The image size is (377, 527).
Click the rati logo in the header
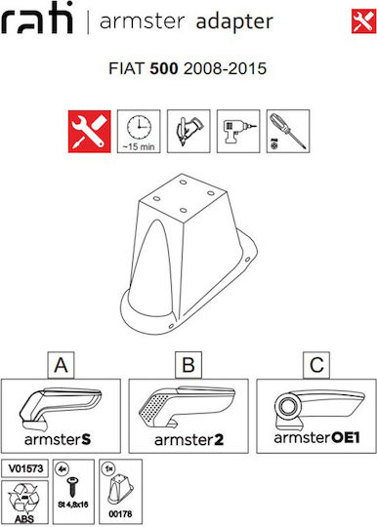pos(37,18)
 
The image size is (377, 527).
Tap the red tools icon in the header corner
pos(364,21)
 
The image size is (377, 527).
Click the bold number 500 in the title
pos(164,68)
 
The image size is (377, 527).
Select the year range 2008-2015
pos(225,68)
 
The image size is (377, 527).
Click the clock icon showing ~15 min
pos(139,132)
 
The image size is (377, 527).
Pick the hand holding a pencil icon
pos(188,131)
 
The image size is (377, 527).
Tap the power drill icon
pos(238,131)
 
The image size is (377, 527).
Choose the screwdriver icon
pos(288,131)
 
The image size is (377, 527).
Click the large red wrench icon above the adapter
pos(90,132)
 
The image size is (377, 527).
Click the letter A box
pos(61,365)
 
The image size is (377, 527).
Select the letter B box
pos(188,365)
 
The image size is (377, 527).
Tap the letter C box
pos(316,365)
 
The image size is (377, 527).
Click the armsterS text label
pos(58,439)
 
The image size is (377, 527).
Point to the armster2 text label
pos(189,440)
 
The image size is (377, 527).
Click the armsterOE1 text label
pos(316,437)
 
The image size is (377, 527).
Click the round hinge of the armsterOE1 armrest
pos(287,407)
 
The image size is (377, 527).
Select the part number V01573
pos(25,468)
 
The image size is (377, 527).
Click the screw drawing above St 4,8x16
pos(72,487)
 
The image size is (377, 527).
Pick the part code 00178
pos(120,514)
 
